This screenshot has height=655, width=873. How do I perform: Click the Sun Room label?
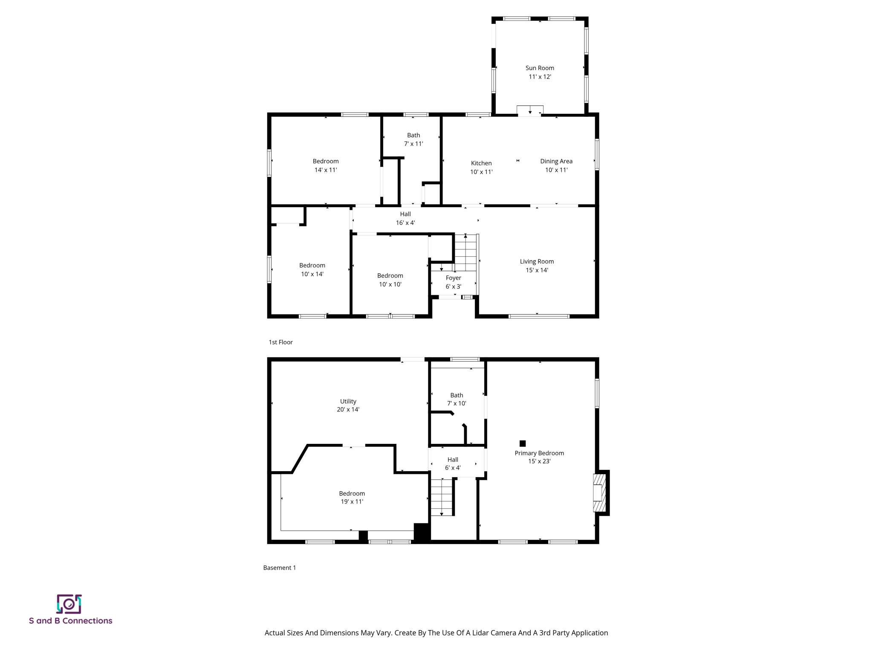[x=540, y=68]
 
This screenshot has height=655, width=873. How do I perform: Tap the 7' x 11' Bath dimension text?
[x=413, y=144]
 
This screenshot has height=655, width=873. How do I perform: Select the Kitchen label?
[x=481, y=163]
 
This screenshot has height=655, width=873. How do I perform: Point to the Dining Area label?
[x=556, y=161]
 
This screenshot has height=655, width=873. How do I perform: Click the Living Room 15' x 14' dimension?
[x=537, y=270]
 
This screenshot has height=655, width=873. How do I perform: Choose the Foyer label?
[x=454, y=278]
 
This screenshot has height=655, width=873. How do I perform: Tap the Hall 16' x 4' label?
[x=405, y=218]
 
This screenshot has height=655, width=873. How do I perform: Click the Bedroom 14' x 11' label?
[x=326, y=165]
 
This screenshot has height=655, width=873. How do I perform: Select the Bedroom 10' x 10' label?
[x=390, y=280]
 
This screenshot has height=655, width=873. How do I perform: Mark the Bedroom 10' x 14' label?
[x=312, y=270]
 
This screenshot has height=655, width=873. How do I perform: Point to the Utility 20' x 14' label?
[x=348, y=406]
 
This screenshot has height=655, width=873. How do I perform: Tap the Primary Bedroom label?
[x=539, y=453]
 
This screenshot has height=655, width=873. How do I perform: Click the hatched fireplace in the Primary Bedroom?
[x=599, y=493]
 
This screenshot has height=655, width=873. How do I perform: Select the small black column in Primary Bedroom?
[x=523, y=443]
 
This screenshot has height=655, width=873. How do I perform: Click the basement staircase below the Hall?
[x=441, y=497]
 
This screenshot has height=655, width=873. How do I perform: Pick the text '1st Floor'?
[x=280, y=342]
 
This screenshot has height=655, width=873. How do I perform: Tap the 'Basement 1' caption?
[x=279, y=568]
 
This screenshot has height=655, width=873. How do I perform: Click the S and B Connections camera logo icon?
[x=69, y=604]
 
